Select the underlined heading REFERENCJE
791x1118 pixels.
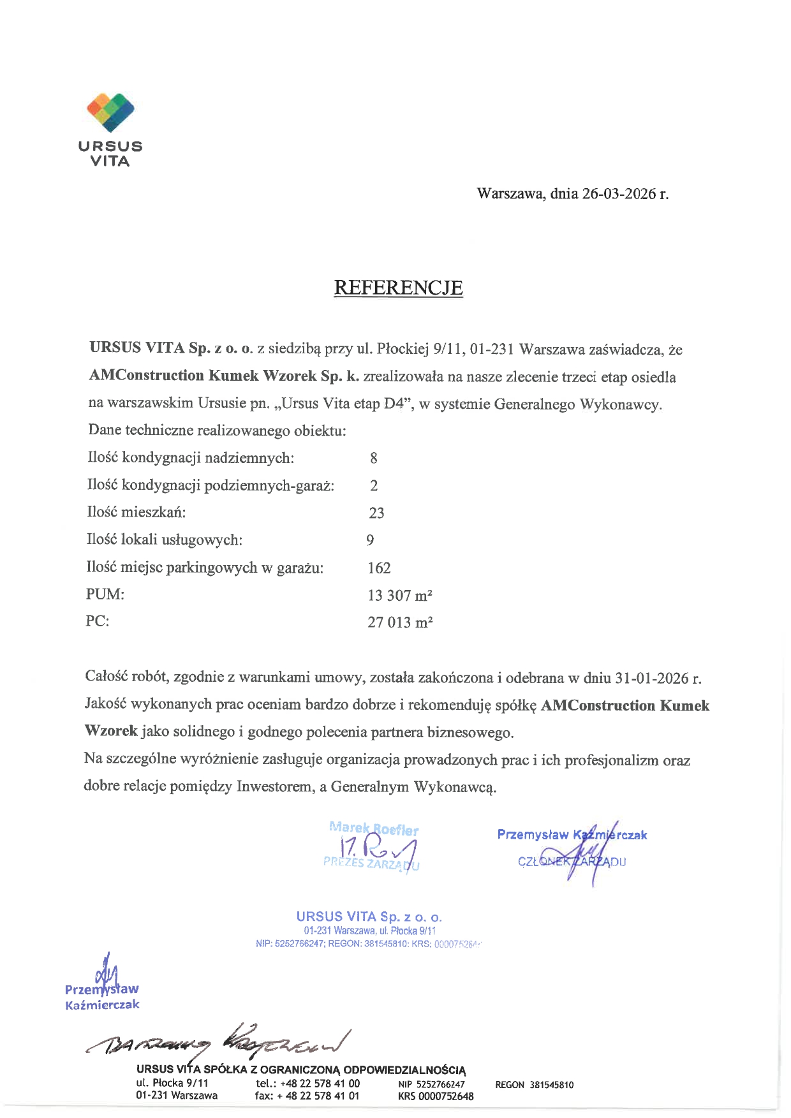click(398, 288)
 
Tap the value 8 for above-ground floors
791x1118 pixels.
click(374, 458)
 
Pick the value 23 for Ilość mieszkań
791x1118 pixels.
click(376, 513)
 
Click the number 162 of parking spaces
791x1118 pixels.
click(379, 568)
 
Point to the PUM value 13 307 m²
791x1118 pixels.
click(400, 596)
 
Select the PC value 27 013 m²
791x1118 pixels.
click(400, 622)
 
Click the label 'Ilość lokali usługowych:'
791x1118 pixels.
click(165, 540)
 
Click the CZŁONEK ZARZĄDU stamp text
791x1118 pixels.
click(572, 862)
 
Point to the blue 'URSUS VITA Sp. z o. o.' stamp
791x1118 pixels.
click(369, 917)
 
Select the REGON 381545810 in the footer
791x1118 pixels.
click(535, 1085)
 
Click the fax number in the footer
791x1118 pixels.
click(307, 1096)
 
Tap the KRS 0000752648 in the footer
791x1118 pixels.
click(436, 1096)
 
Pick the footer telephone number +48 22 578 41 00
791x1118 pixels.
click(307, 1084)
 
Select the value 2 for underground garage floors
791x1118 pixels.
click(374, 485)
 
